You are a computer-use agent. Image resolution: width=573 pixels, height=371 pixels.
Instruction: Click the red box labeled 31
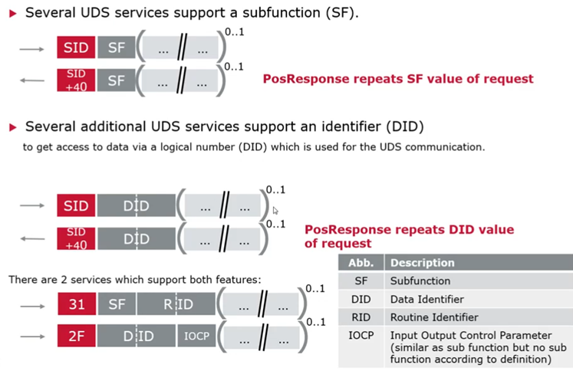(x=76, y=305)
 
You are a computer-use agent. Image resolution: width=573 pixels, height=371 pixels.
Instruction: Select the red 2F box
(x=76, y=335)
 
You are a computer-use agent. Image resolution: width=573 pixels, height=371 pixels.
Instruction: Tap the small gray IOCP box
(x=196, y=335)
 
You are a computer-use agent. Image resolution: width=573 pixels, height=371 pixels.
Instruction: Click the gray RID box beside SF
(x=176, y=305)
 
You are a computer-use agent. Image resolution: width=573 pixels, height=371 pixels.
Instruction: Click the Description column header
(x=422, y=262)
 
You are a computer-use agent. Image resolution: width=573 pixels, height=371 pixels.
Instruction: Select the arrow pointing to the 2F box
(x=34, y=336)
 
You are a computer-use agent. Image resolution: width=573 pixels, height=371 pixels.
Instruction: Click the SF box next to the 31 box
(x=117, y=305)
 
